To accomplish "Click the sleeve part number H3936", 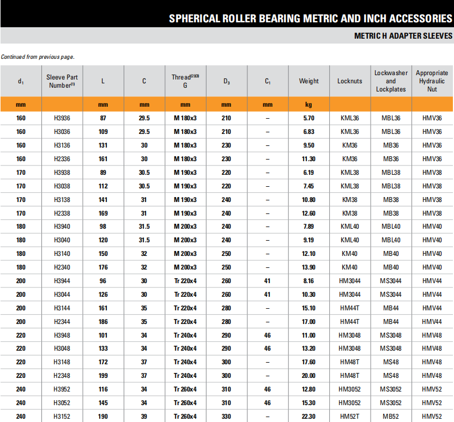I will tap(62, 118).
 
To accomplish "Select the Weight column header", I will tap(309, 81).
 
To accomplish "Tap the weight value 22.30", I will tap(309, 417).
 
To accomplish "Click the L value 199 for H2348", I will tap(103, 376).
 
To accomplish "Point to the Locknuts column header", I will tap(350, 81).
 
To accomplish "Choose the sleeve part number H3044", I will tap(62, 294).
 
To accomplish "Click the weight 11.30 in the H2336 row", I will tap(309, 159).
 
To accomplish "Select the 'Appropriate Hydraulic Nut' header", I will tap(432, 81).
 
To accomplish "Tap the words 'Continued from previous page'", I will tap(38, 57).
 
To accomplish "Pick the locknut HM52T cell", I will tap(350, 417).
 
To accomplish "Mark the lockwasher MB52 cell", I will tap(391, 417).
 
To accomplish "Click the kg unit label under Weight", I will tap(309, 104).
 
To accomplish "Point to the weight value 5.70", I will tap(309, 118).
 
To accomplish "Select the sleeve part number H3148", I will tap(62, 362).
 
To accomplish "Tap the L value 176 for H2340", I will tap(103, 267).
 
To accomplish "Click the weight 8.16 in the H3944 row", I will tap(309, 281).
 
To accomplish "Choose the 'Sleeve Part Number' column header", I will tap(62, 81).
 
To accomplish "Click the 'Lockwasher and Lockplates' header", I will tap(391, 81).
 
